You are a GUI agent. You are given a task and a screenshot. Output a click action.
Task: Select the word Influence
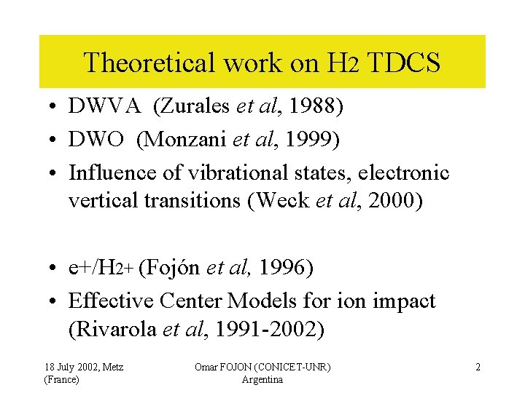coord(106,172)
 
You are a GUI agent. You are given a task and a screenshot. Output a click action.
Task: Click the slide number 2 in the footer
coord(478,367)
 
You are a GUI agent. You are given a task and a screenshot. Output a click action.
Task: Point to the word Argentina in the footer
coord(262,380)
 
